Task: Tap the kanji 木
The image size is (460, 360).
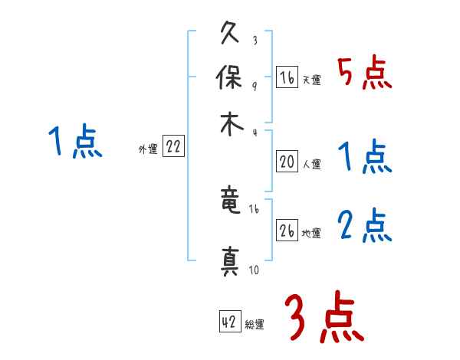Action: click(231, 123)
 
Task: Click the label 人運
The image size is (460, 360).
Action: click(311, 164)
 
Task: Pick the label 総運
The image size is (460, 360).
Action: click(255, 325)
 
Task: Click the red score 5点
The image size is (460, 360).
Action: click(364, 73)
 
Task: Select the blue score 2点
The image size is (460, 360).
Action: click(364, 225)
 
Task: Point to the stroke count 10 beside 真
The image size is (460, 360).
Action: click(254, 269)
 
